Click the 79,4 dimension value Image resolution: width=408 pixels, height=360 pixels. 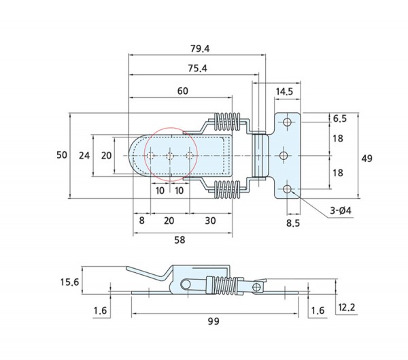coord(199,48)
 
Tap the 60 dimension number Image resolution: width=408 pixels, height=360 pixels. coord(183,91)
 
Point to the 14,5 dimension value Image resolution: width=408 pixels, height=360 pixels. coord(284,91)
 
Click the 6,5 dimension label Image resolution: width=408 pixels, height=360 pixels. coord(340,118)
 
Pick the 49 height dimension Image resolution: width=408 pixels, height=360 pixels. coord(367,158)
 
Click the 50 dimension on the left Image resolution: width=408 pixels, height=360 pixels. coord(61,155)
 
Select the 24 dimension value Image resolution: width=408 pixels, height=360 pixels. coord(84,155)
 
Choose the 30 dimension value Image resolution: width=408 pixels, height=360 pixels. coord(210,221)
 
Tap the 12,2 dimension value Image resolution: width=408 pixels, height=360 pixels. coord(347,308)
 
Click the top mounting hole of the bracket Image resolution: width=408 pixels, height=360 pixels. coord(287,122)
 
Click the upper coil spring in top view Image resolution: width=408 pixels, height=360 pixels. coord(226,122)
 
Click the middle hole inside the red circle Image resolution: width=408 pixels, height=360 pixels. coord(169,156)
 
